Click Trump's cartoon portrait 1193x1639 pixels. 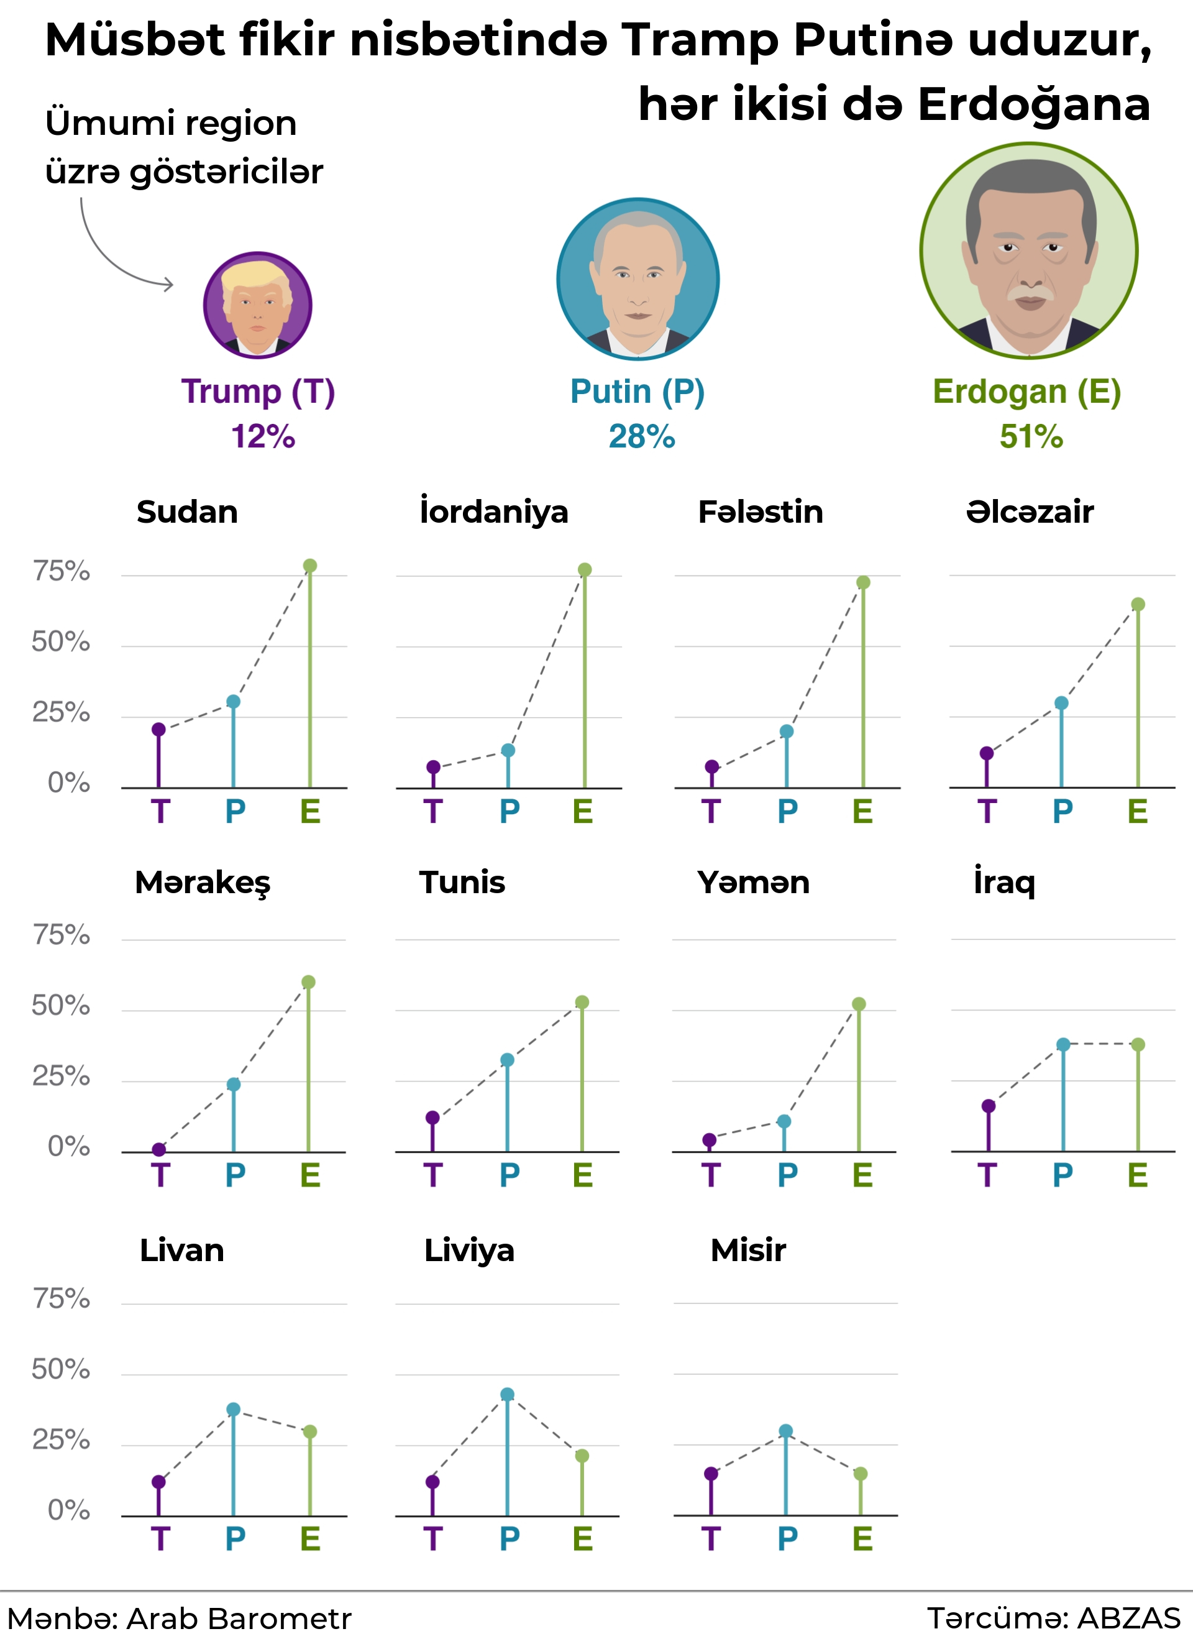[x=257, y=305]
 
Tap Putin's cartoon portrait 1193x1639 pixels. [x=638, y=279]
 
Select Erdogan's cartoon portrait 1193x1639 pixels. [x=1028, y=250]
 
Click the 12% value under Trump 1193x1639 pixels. [x=263, y=436]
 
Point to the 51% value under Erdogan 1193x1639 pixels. [x=1031, y=436]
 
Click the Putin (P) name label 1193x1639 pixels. [x=638, y=392]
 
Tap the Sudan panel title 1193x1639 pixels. [x=187, y=512]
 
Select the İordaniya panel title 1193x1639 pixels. [x=494, y=512]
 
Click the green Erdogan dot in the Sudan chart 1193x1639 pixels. [x=310, y=566]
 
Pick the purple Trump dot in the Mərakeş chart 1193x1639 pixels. [x=159, y=1149]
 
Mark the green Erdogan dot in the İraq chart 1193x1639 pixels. [x=1138, y=1044]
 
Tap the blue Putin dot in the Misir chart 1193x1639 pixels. [x=785, y=1431]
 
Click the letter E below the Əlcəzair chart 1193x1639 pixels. [x=1138, y=812]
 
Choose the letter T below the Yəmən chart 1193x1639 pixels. [x=711, y=1175]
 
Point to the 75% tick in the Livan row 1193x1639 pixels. [x=62, y=1300]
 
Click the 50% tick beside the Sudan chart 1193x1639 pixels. [x=62, y=641]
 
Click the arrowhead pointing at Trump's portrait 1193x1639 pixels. [x=169, y=285]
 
